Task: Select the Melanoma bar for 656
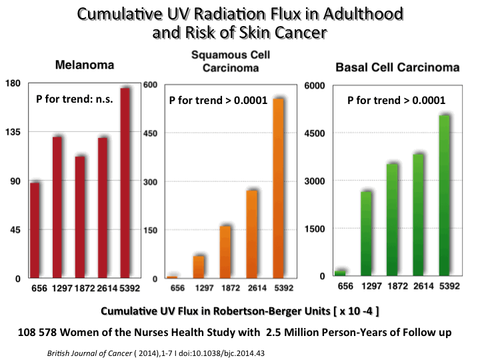tap(35, 229)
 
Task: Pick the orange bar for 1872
tap(225, 251)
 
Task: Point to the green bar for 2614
tap(419, 213)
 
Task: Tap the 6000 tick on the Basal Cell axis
tap(313, 85)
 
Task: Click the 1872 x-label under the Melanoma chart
tap(80, 289)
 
